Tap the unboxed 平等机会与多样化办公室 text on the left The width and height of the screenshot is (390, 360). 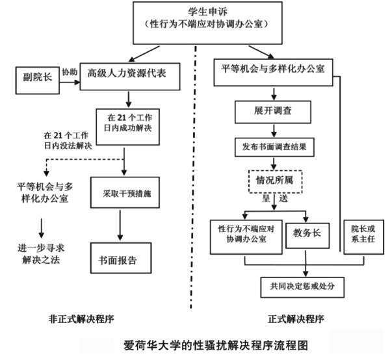pos(45,192)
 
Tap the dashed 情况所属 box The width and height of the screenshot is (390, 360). pos(276,180)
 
